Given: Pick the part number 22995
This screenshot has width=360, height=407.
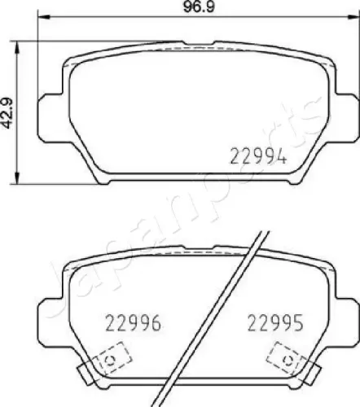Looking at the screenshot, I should click(275, 324).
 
